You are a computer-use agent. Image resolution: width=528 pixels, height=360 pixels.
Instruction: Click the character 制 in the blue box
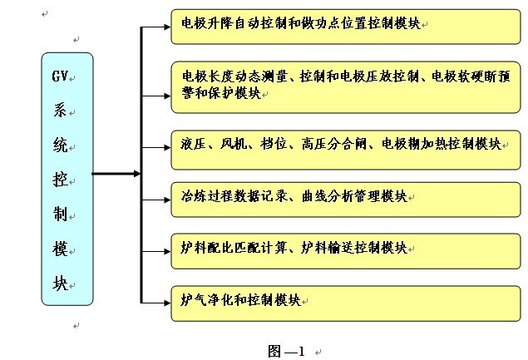point(61,214)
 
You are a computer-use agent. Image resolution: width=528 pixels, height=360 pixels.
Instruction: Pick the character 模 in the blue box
point(61,248)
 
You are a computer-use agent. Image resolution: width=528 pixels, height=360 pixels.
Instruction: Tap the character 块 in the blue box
point(61,282)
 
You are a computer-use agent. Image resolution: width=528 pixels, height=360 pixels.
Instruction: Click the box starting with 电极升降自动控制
point(346,26)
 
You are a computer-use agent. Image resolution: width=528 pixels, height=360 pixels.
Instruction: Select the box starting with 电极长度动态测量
point(346,86)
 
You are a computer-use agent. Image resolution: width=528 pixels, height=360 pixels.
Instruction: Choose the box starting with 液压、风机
point(346,144)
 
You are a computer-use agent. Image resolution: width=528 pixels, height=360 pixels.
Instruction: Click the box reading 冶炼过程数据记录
point(346,198)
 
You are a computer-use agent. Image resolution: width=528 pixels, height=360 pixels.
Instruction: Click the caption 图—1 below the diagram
point(286,351)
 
